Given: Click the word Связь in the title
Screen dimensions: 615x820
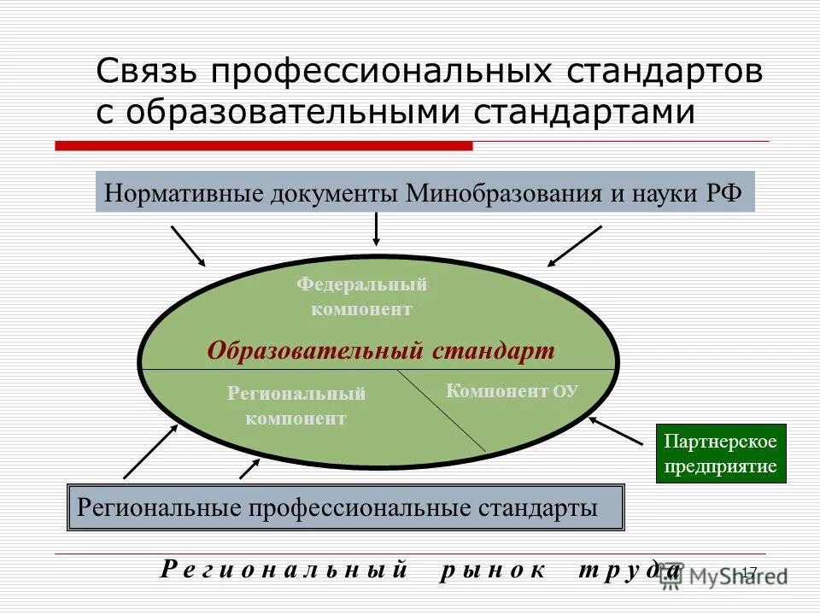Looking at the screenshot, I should coord(146,73).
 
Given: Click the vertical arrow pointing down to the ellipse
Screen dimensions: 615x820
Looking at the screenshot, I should coord(375,229).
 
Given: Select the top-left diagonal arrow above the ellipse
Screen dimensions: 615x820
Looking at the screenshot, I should coord(189,245).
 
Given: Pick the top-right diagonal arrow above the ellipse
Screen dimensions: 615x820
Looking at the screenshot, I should coord(575,245).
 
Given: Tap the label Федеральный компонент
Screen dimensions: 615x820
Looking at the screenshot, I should coord(361,296).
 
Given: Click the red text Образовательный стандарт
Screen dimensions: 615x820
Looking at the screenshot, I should coord(381,350).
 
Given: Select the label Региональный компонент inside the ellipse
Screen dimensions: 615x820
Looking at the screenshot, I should coord(296,406).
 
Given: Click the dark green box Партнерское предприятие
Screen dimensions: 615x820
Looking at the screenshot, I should coord(720,454).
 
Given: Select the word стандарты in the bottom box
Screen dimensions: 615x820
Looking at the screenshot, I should coord(543,508).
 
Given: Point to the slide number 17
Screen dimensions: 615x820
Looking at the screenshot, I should coord(749,571).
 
